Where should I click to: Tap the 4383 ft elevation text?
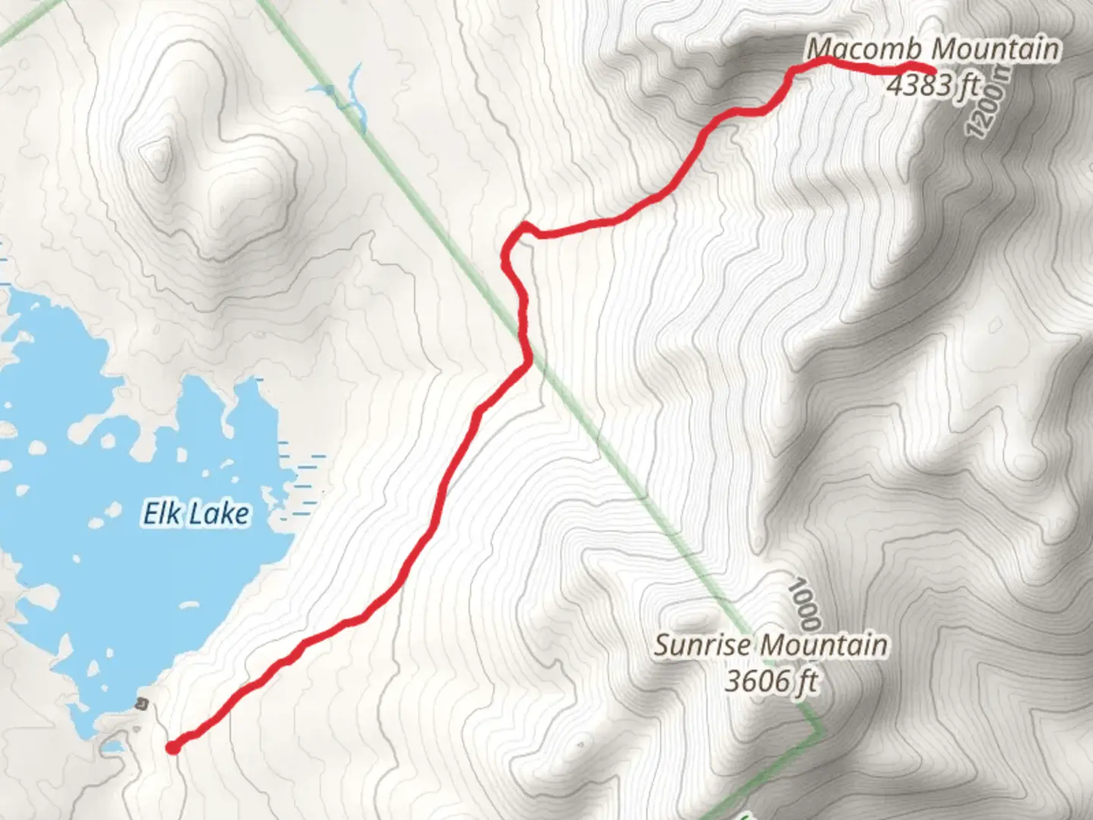[x=932, y=85]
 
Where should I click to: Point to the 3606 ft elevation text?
[x=771, y=681]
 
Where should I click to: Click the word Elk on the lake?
[x=162, y=514]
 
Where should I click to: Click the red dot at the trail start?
[x=173, y=748]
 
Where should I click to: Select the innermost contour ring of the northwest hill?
[x=156, y=155]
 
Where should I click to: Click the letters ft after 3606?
[x=806, y=681]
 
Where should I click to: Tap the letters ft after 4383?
[x=969, y=85]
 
